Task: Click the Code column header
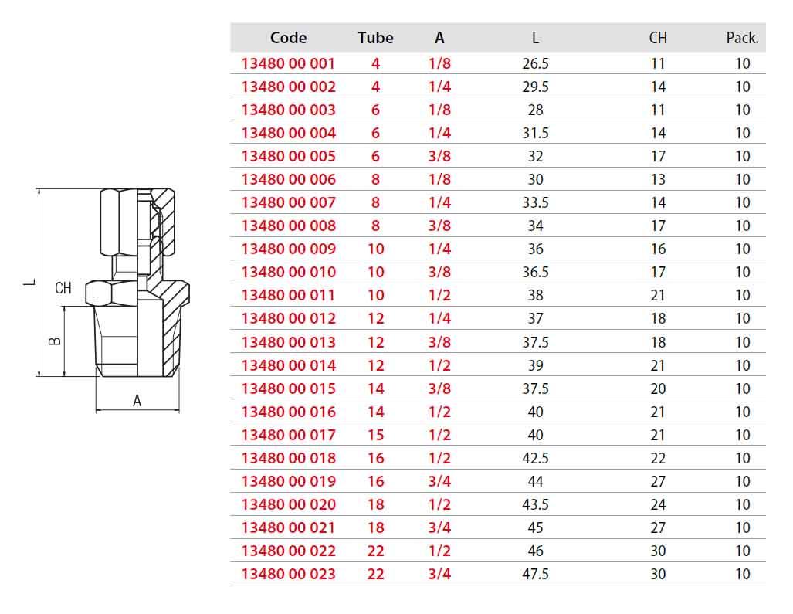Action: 288,37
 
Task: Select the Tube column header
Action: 375,37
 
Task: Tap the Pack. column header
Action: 743,37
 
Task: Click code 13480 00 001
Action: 288,64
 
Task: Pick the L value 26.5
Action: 535,64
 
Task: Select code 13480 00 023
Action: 288,574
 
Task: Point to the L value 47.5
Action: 535,574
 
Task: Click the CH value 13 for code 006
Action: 657,179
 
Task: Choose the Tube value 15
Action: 375,435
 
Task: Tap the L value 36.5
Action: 535,272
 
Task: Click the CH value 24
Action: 657,504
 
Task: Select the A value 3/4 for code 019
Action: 439,481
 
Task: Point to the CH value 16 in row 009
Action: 657,249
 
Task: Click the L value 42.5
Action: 535,458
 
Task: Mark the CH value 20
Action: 657,388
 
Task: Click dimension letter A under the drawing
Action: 137,401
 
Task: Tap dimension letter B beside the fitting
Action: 55,341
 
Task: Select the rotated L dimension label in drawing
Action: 30,282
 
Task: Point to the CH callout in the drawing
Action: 63,288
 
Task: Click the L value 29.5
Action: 535,87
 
